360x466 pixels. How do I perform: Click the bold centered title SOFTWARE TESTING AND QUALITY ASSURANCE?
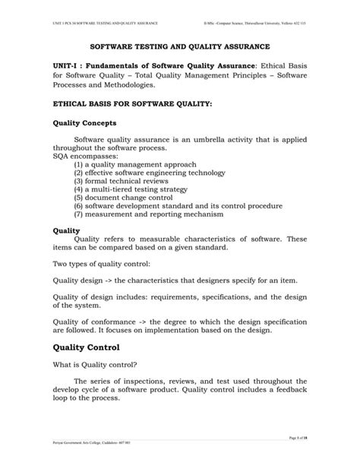180,46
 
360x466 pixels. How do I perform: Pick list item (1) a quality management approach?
135,163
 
